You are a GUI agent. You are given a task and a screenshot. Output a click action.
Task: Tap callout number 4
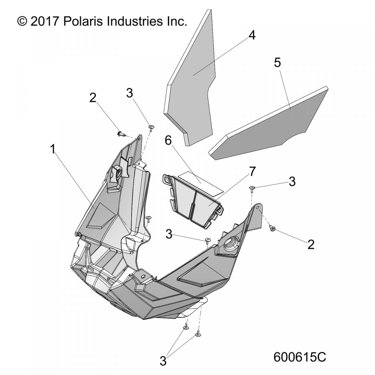point(252,36)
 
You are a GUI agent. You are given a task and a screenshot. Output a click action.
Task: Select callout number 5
point(277,63)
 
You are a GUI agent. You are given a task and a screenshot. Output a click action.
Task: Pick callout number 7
point(252,171)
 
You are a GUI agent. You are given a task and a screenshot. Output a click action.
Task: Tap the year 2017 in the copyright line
point(45,22)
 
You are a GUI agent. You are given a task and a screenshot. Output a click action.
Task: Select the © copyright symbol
point(22,22)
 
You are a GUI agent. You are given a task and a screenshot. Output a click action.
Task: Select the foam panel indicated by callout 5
point(268,125)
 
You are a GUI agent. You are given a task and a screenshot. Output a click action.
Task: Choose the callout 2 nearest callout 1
point(93,98)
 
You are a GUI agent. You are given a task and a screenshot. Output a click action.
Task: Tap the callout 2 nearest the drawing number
point(311,244)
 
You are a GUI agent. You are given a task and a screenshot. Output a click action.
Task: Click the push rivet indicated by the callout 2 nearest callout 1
point(121,134)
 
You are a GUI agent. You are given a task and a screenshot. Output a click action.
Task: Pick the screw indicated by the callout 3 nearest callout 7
point(252,189)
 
